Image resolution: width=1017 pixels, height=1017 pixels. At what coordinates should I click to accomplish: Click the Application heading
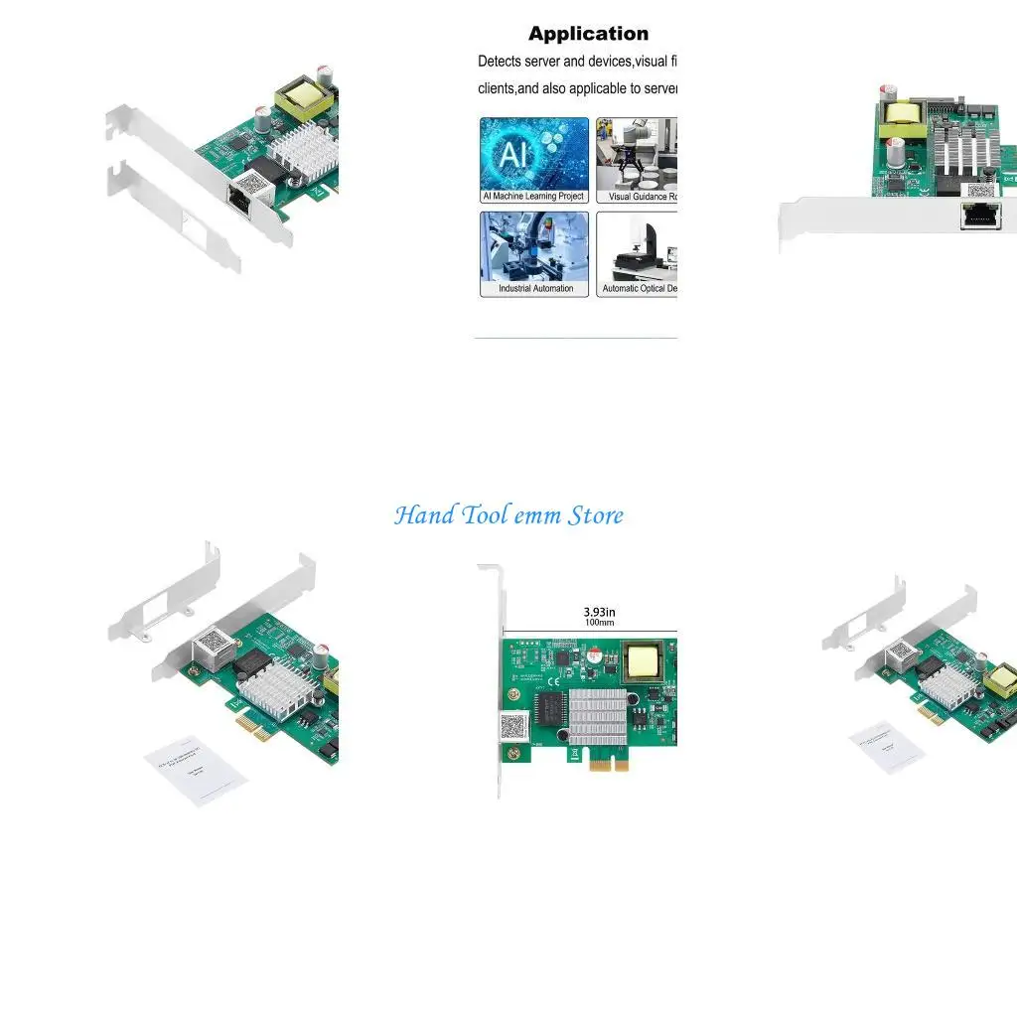(588, 34)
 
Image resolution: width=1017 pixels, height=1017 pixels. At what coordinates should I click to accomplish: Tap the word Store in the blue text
(595, 515)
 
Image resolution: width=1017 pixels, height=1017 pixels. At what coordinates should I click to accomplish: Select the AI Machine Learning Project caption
(533, 197)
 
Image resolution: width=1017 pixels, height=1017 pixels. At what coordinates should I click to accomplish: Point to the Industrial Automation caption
(535, 289)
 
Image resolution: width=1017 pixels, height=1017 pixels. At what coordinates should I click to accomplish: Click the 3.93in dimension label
(599, 612)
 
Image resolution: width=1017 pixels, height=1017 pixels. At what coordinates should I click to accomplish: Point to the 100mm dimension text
(599, 623)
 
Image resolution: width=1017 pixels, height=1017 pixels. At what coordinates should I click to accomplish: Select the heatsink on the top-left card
(299, 149)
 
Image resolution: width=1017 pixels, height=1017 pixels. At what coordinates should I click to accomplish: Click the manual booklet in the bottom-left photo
(195, 771)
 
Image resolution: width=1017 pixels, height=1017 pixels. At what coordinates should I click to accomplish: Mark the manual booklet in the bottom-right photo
(886, 745)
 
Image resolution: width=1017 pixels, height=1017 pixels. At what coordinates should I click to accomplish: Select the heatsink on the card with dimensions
(597, 714)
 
